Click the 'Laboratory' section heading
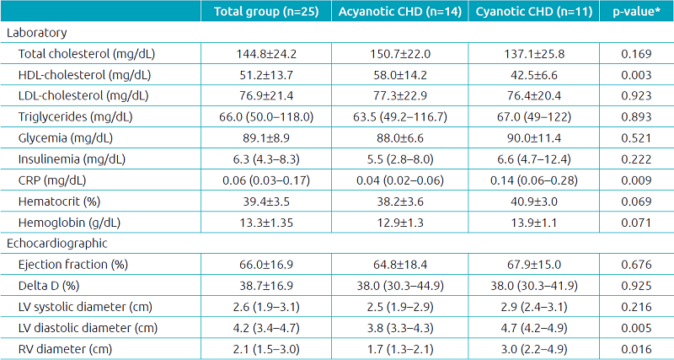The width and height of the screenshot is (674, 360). click(36, 33)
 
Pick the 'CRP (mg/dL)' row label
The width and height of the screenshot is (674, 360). click(52, 180)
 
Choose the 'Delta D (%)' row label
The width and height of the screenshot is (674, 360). click(50, 284)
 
